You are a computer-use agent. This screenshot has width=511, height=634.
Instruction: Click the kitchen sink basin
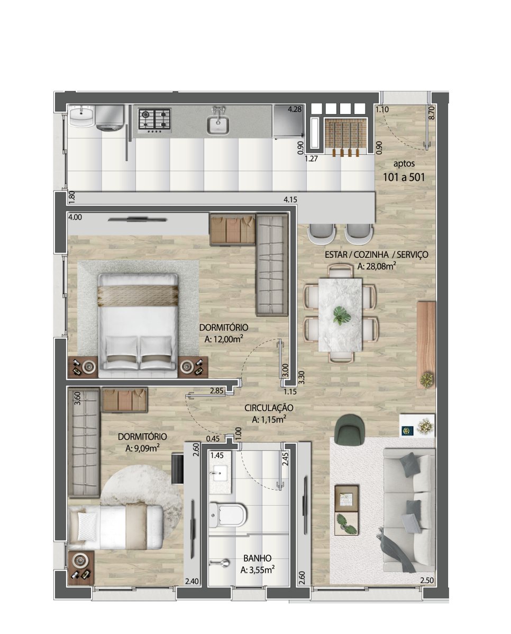pos(218,125)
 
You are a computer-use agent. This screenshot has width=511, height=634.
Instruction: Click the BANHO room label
pos(257,558)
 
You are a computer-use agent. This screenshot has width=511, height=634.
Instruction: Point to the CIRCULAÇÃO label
pos(269,408)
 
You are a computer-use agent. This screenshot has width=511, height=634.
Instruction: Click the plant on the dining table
pos(342,315)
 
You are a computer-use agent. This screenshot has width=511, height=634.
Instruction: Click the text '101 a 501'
pos(404,177)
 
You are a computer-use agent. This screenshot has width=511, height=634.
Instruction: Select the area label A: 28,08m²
pos(377,266)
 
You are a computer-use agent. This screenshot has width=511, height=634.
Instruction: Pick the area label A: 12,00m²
pos(224,339)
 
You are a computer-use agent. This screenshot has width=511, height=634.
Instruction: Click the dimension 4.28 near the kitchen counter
pos(295,109)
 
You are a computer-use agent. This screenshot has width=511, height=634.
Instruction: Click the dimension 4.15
pos(290,200)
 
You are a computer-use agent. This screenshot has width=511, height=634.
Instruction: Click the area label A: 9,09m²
pos(143,448)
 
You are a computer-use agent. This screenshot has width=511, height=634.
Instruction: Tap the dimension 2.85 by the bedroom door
pos(217,391)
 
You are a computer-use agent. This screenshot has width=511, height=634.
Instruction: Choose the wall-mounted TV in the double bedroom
pos(137,219)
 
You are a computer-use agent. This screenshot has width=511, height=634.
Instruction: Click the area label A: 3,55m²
pos(258,570)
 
